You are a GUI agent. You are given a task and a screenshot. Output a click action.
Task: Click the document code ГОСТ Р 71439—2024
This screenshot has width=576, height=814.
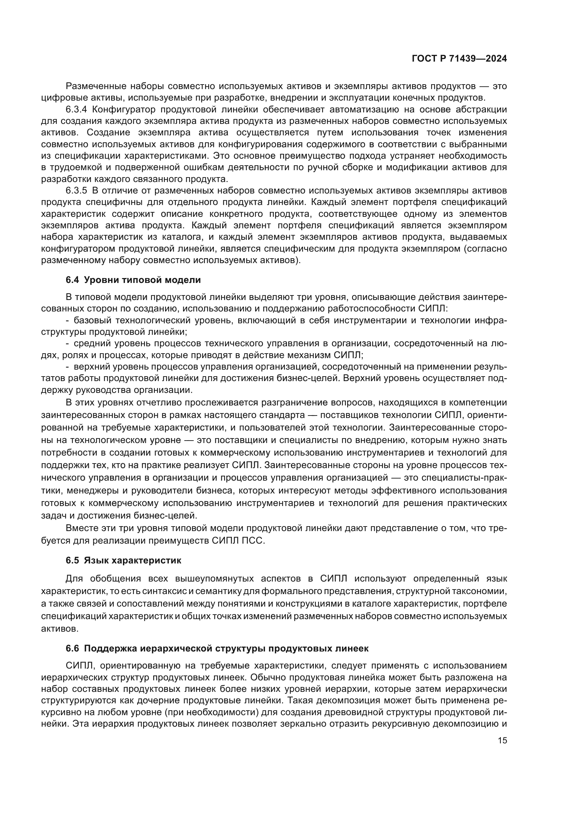click(x=459, y=59)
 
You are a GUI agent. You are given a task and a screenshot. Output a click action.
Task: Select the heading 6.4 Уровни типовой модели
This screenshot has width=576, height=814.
click(x=133, y=280)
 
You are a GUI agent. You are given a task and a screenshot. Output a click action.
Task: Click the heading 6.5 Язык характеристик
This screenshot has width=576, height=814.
click(x=123, y=560)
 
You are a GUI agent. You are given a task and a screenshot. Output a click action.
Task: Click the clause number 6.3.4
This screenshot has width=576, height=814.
click(x=76, y=109)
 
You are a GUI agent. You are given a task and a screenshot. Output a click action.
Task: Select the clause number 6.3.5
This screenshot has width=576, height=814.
click(x=76, y=190)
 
